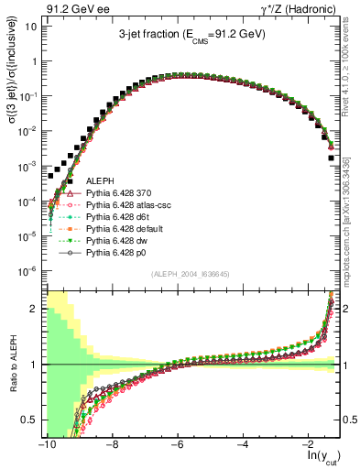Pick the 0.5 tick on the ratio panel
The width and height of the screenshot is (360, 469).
pyautogui.click(x=27, y=420)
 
